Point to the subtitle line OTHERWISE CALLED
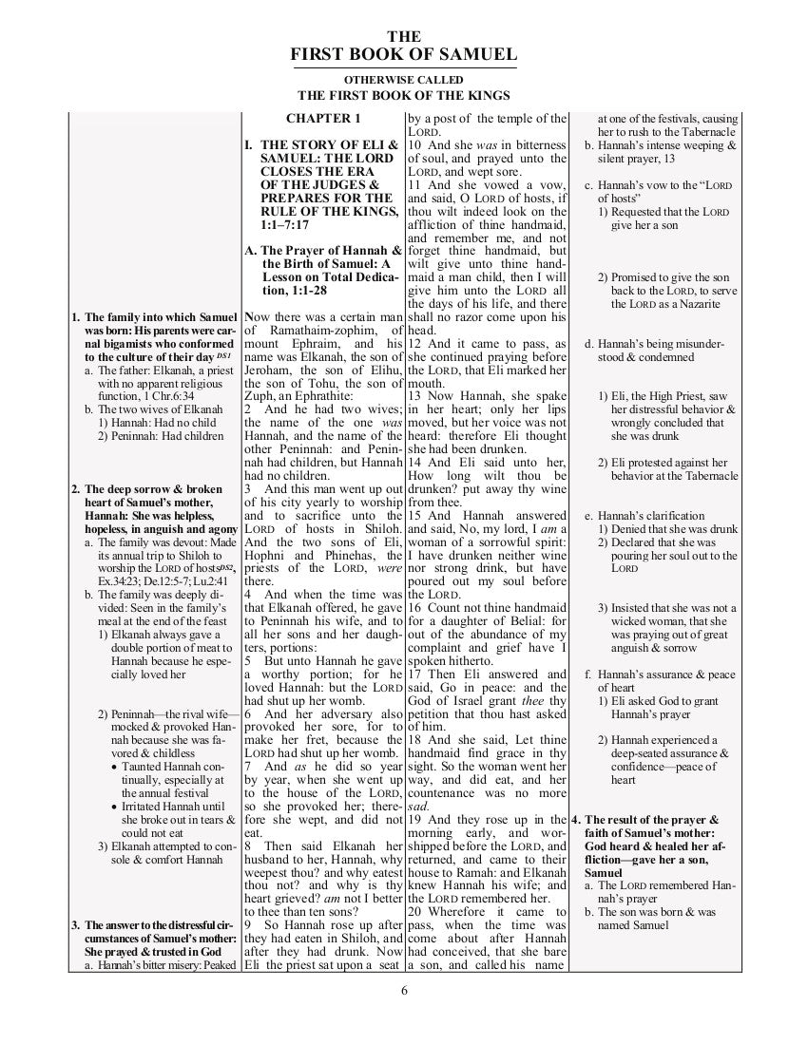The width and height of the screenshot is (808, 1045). click(x=404, y=79)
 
